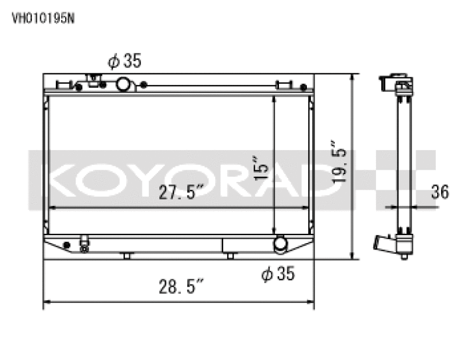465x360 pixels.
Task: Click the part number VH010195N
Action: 44,17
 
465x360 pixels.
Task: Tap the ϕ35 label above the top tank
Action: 124,61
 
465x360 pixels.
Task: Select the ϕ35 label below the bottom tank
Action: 278,273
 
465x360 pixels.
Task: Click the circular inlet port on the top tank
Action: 124,85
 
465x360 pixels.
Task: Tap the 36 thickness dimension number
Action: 441,192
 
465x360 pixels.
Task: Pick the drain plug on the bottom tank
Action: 85,245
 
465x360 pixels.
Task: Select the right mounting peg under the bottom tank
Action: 230,255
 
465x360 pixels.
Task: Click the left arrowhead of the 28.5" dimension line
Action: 47,302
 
